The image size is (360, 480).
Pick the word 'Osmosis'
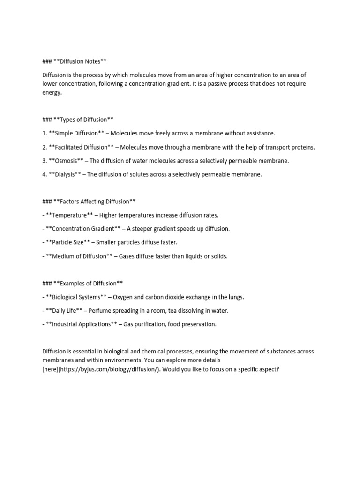(66, 161)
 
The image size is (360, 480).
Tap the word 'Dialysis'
(65, 174)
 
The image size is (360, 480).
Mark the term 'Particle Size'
(68, 242)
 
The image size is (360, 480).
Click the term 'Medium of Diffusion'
(80, 256)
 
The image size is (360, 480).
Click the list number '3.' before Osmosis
(45, 161)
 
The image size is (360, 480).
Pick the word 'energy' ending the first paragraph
(51, 93)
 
